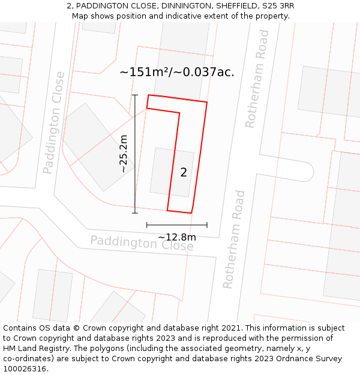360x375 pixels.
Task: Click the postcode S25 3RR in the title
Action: click(275, 6)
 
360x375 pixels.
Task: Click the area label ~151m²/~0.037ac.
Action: click(177, 73)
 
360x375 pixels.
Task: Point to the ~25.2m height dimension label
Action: click(124, 154)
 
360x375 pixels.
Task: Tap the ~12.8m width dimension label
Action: click(177, 237)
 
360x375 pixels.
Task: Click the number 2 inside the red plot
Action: click(184, 173)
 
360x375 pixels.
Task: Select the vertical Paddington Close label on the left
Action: click(54, 122)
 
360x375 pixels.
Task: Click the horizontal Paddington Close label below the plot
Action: click(142, 243)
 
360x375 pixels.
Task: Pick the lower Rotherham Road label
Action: click(234, 239)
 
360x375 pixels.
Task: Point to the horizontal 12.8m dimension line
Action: click(177, 225)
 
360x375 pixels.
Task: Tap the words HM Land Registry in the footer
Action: click(35, 349)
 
